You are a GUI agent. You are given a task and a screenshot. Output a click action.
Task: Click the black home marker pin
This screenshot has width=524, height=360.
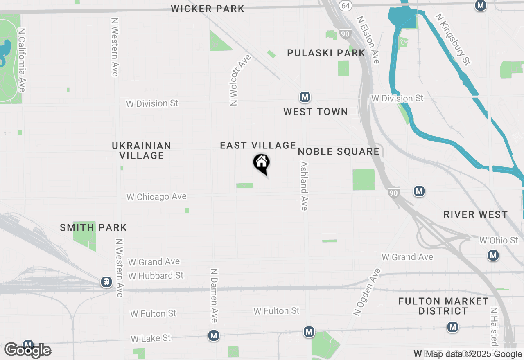[261, 163]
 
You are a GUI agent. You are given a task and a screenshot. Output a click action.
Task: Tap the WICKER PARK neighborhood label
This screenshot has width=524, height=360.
[208, 9]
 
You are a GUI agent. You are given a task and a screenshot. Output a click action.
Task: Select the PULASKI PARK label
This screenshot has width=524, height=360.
[326, 53]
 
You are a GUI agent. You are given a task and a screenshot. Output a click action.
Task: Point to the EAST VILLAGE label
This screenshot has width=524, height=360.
[258, 145]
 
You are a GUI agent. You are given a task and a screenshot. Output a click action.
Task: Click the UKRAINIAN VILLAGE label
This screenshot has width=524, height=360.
[142, 151]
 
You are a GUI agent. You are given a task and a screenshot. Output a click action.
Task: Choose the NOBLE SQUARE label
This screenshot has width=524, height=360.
[339, 151]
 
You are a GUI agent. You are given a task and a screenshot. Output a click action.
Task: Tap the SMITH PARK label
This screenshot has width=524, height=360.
[93, 227]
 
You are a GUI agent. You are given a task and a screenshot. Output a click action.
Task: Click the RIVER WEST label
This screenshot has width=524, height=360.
[476, 214]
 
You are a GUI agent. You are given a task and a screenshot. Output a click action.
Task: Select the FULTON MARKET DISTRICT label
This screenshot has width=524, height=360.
[443, 306]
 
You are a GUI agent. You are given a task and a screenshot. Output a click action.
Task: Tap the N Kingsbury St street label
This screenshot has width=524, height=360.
[453, 39]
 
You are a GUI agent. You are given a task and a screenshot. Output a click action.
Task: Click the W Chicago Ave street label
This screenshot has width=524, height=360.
[156, 197]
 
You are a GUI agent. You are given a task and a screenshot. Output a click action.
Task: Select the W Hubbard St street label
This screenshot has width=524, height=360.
[156, 276]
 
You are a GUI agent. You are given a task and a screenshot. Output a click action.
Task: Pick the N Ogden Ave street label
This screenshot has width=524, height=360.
[367, 292]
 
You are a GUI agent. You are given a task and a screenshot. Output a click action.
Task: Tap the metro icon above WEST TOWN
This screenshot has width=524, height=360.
[304, 97]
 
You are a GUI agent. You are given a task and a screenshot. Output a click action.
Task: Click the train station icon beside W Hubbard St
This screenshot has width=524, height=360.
[106, 281]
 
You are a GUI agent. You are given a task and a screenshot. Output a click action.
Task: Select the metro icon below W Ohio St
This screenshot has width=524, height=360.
[493, 256]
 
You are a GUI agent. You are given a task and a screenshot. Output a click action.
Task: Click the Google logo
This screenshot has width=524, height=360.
[28, 351]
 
